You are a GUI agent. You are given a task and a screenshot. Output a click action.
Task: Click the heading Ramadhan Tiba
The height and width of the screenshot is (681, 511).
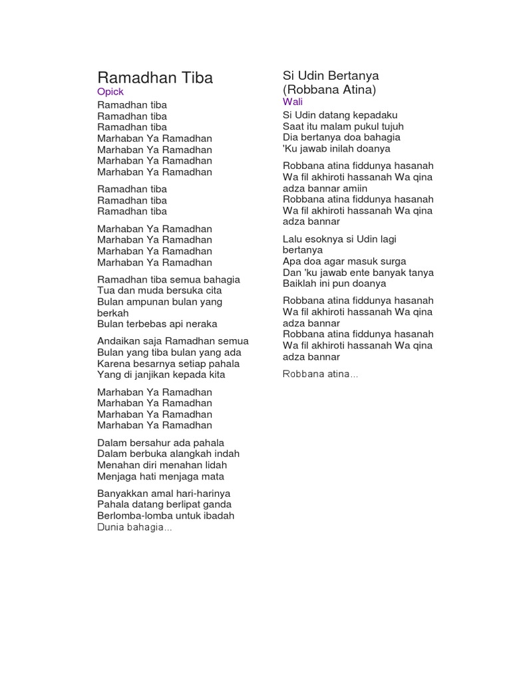(x=155, y=78)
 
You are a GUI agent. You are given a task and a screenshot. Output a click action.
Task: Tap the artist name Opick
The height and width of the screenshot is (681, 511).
(x=110, y=92)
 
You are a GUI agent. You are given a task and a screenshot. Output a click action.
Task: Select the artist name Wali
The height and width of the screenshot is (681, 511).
(x=293, y=102)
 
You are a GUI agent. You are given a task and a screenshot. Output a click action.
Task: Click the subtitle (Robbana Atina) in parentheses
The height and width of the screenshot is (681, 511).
(x=329, y=89)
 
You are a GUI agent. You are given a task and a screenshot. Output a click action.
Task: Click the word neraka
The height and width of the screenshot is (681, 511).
(x=200, y=324)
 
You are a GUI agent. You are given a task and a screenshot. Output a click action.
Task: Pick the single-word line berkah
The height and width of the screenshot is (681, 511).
(x=113, y=313)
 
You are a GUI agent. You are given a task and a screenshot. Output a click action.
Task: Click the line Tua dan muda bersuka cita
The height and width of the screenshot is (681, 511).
(x=160, y=291)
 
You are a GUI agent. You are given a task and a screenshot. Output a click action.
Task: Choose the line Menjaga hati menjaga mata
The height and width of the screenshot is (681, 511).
(x=160, y=476)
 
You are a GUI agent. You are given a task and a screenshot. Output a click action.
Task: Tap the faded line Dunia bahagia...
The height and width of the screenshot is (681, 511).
(x=134, y=527)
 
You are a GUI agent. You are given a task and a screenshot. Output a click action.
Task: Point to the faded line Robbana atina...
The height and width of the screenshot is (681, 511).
(x=320, y=374)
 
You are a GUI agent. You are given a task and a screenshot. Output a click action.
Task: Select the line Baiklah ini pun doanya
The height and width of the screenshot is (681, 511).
(x=334, y=283)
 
